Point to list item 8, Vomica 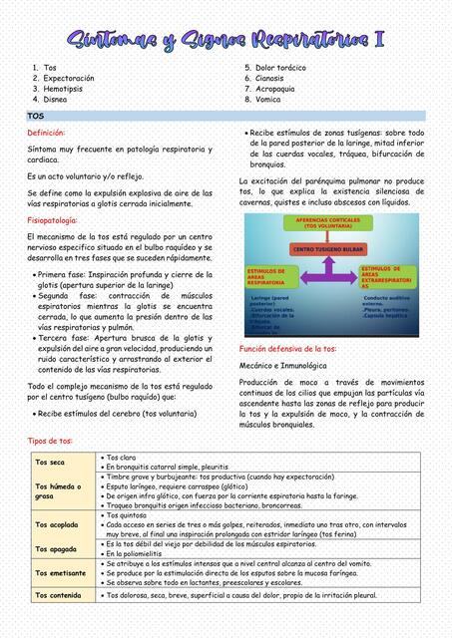click(267, 100)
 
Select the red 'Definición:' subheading click(46, 133)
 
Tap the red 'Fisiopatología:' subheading click(55, 219)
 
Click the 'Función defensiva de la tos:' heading click(288, 350)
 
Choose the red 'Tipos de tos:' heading click(49, 441)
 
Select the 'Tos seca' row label click(50, 463)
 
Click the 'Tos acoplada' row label click(56, 524)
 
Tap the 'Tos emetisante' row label click(60, 572)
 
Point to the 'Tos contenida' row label click(58, 596)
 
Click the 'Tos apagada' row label click(55, 548)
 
